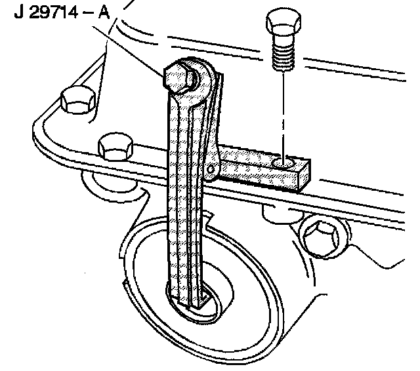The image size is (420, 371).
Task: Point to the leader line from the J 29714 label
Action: click(135, 49)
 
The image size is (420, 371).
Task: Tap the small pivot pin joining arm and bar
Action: click(211, 170)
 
